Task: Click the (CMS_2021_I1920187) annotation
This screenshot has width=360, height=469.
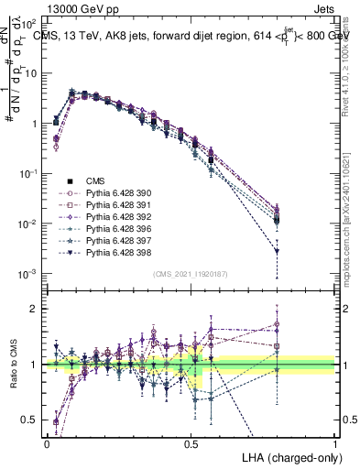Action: point(190,274)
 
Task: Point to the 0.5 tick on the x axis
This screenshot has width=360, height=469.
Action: point(191,441)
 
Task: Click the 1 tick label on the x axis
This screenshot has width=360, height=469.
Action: point(334,441)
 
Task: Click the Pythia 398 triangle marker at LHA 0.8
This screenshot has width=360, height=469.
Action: point(277,251)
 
